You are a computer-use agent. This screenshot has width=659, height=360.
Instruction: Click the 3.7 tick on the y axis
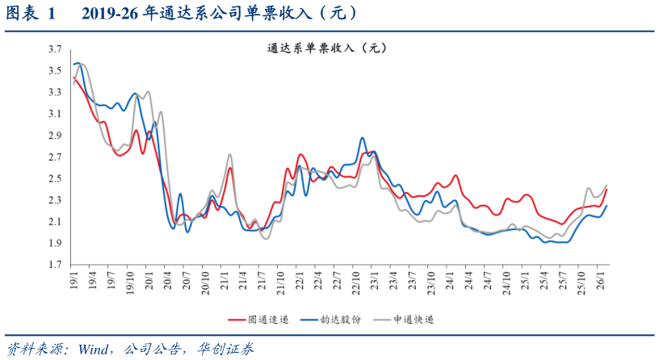point(54,49)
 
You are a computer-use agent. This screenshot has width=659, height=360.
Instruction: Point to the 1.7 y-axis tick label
point(54,265)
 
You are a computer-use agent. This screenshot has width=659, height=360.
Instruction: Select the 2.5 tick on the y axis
point(54,178)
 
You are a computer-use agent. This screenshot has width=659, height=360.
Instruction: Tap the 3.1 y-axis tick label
point(54,114)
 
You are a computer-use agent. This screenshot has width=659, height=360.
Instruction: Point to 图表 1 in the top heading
point(31,14)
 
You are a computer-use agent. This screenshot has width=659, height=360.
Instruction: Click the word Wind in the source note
point(95,349)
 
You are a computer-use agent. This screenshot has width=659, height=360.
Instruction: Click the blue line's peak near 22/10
point(362,138)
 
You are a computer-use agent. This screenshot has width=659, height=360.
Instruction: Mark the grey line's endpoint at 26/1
point(607,185)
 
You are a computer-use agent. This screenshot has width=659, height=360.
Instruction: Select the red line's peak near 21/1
point(230,168)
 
